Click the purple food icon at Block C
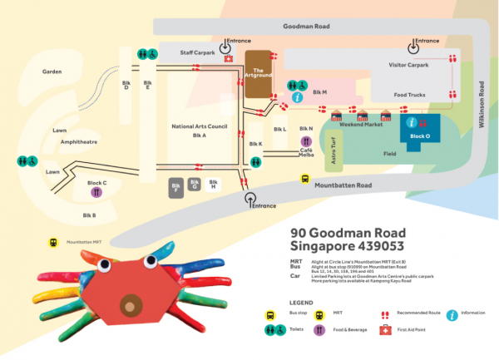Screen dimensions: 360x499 tap(97, 191)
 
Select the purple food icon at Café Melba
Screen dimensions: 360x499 tap(306, 141)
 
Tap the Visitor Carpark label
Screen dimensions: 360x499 tap(408, 64)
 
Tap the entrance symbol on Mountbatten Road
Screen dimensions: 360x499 tap(249, 198)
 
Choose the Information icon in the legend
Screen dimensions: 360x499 tap(452, 314)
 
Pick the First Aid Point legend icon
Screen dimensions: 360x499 tap(385, 330)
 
